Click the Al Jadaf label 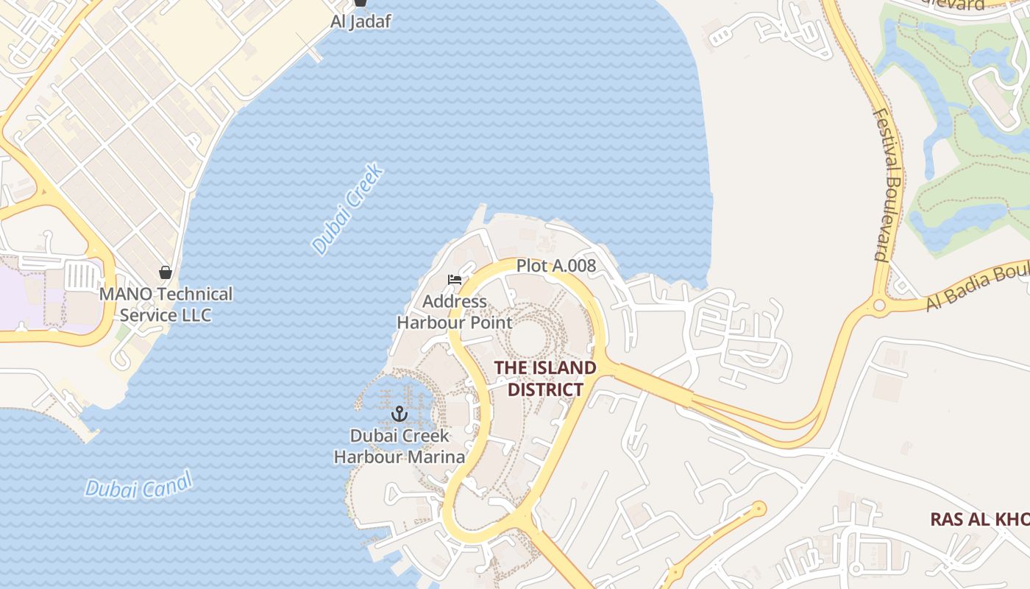[360, 21]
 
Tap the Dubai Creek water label [347, 210]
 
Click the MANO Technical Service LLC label [166, 305]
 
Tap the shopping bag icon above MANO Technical [166, 272]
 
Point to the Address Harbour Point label [454, 312]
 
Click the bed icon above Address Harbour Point [455, 279]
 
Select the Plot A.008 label [555, 266]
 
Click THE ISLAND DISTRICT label [545, 378]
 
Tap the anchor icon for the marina [399, 413]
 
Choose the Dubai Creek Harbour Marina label [399, 446]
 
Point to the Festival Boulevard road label [888, 184]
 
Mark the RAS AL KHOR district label [979, 519]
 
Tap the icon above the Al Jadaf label [360, 3]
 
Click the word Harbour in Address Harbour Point [430, 322]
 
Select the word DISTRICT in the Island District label [545, 389]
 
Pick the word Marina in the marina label [437, 457]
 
